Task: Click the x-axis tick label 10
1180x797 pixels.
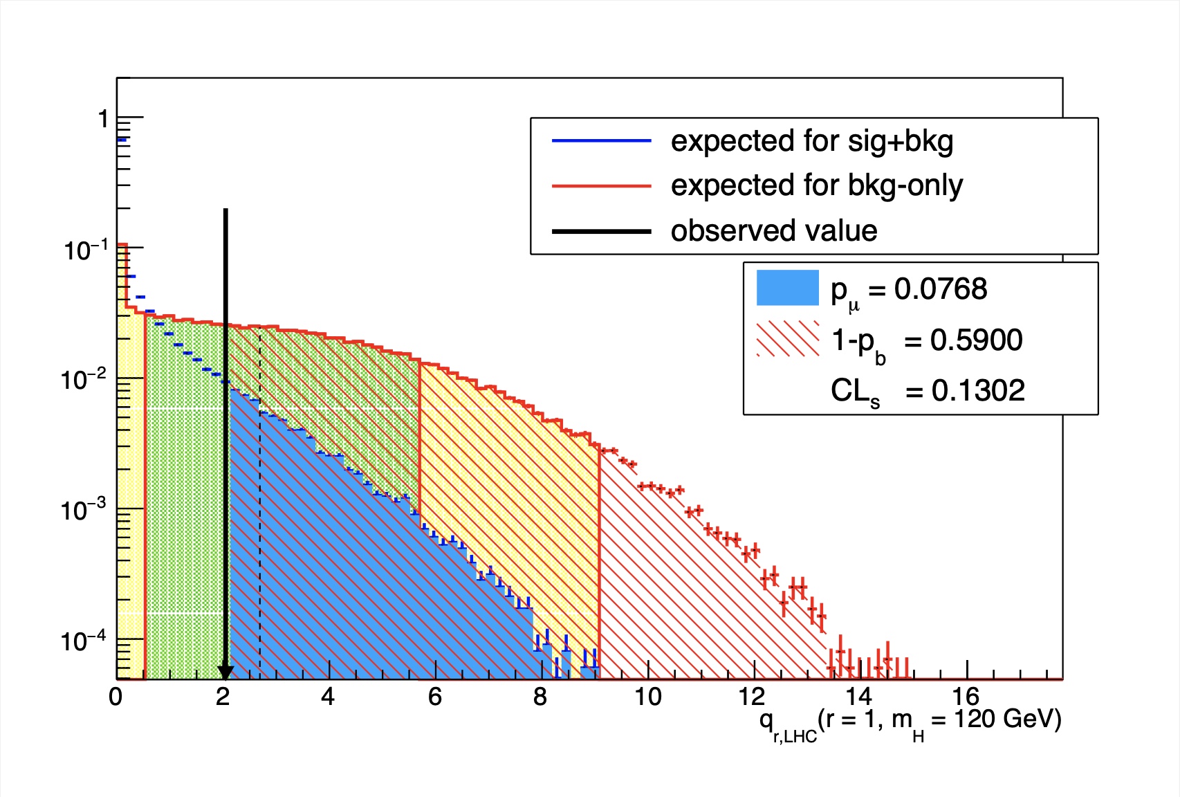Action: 648,697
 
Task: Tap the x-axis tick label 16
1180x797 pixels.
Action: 966,697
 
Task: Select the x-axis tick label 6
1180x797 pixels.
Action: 434,697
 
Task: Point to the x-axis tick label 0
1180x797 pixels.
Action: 116,697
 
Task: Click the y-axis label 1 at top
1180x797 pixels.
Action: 103,119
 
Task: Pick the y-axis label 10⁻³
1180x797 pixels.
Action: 83,511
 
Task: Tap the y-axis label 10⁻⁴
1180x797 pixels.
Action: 83,641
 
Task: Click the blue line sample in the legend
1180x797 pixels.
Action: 601,141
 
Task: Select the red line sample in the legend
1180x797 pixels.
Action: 601,186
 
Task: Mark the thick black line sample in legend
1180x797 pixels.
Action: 601,231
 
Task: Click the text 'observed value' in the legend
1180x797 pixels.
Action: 773,230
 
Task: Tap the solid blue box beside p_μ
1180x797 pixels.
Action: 788,288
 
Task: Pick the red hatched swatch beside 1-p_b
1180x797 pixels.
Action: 788,339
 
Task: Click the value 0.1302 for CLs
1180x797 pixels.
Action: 977,391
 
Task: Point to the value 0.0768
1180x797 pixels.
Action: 941,289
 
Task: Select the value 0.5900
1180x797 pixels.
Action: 976,340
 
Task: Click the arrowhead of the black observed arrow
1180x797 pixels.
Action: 225,673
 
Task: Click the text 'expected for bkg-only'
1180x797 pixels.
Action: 816,185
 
